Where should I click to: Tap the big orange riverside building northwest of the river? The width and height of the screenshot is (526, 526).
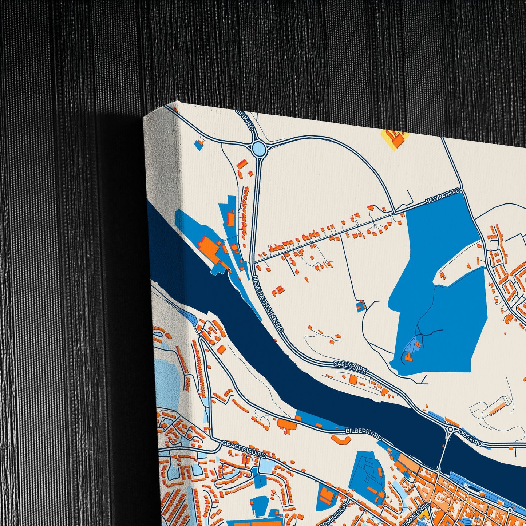[209, 248]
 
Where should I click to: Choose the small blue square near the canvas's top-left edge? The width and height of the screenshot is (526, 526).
[198, 144]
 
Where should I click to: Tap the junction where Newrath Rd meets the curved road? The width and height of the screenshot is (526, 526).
[394, 211]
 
